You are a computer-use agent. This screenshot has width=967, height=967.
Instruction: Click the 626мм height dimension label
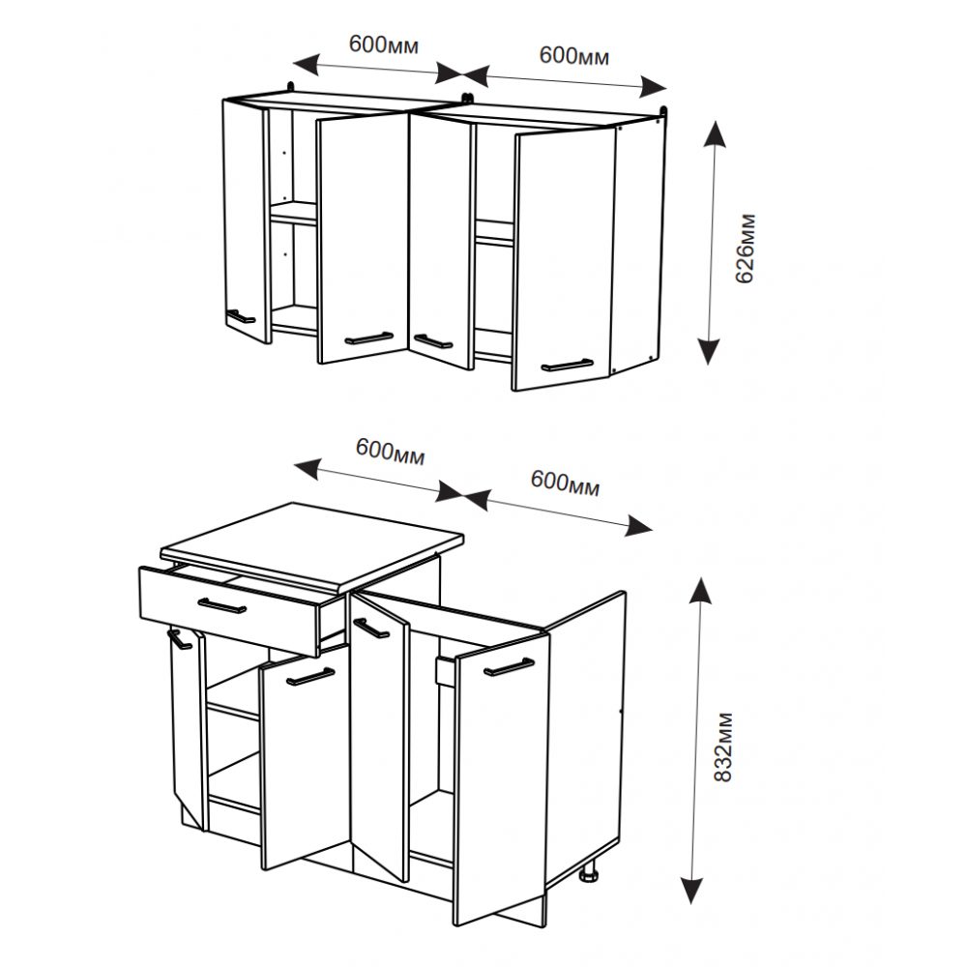click(x=746, y=248)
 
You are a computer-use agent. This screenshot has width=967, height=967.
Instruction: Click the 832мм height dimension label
click(x=722, y=747)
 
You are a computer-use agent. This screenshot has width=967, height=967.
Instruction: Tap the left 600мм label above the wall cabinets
click(x=384, y=44)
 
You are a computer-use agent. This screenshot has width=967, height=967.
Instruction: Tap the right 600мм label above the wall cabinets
click(x=574, y=55)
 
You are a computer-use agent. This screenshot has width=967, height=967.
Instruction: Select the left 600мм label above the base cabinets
click(x=391, y=451)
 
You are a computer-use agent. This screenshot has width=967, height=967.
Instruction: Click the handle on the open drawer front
click(x=222, y=605)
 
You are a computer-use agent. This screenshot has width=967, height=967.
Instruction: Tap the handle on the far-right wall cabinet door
click(x=568, y=366)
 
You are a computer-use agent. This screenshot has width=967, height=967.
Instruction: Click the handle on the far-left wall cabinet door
click(x=241, y=316)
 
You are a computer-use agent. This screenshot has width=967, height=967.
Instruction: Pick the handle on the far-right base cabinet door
click(x=509, y=666)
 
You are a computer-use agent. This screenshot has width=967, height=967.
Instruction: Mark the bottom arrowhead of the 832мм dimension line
click(x=692, y=890)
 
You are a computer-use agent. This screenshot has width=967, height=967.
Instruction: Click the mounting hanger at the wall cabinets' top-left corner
click(x=290, y=87)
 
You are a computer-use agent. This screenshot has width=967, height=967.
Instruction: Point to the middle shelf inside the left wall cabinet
click(x=294, y=212)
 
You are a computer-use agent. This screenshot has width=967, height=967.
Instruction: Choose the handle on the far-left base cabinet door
click(x=180, y=639)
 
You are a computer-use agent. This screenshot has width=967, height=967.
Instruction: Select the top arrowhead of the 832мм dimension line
click(x=699, y=591)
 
